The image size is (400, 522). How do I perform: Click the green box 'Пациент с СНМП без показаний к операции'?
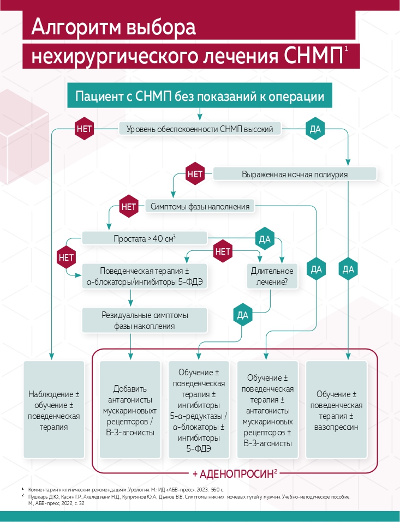[200, 96]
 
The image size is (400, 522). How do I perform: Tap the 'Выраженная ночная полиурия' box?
[295, 174]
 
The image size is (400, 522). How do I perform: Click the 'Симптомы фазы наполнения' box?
[200, 206]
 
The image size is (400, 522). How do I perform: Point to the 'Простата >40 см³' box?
[145, 238]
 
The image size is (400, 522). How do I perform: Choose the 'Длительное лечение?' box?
[272, 277]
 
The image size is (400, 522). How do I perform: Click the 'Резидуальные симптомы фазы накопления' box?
[145, 320]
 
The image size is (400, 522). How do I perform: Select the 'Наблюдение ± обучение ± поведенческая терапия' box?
[54, 410]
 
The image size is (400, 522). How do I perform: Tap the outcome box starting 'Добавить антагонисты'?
[130, 410]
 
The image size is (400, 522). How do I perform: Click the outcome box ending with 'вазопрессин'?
[336, 410]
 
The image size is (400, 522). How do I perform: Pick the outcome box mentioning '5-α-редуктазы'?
[199, 410]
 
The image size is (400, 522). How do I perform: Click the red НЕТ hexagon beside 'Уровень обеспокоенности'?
[85, 129]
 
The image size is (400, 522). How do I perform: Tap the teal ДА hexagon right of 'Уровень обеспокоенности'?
[315, 129]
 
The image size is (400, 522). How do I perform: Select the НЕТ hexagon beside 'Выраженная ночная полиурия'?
[195, 174]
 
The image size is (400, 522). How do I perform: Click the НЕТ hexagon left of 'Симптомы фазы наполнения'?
[128, 207]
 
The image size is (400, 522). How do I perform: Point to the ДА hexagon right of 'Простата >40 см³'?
[265, 239]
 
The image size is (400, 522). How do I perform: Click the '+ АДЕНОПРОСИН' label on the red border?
[235, 473]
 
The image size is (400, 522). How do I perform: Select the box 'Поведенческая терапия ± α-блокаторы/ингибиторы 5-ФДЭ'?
[145, 276]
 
